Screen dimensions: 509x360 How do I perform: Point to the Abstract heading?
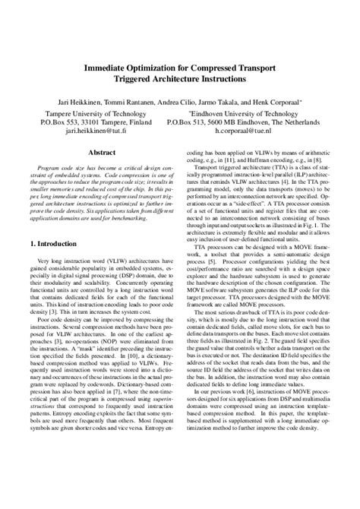pyautogui.click(x=99, y=152)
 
